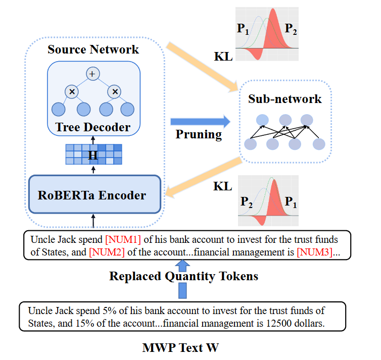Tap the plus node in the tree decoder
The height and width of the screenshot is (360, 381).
click(x=92, y=74)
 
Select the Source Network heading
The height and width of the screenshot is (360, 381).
click(x=93, y=49)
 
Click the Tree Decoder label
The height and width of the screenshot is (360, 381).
click(x=93, y=127)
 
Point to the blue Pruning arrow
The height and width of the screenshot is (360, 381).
click(x=200, y=121)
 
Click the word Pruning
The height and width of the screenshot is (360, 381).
click(x=199, y=135)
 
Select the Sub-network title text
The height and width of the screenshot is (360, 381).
click(x=284, y=98)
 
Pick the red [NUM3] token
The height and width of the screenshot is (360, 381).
click(x=314, y=251)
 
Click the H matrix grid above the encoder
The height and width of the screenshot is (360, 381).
click(x=93, y=155)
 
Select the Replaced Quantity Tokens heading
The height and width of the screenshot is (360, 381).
click(x=183, y=276)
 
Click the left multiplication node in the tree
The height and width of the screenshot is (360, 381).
click(x=72, y=91)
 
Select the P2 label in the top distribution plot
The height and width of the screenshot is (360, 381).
click(x=291, y=29)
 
